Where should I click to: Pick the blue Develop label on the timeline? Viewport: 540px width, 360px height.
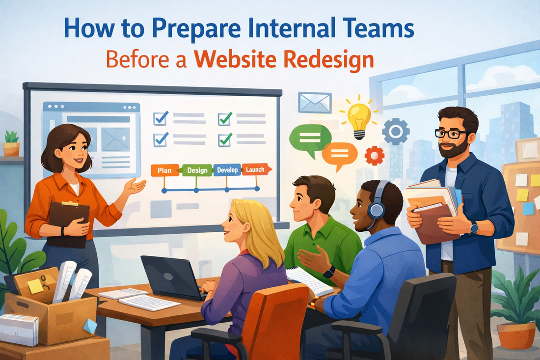pyautogui.click(x=226, y=170)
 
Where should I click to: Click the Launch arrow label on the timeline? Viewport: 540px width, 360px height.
pyautogui.click(x=256, y=169)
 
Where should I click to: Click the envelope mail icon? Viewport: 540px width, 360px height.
pyautogui.click(x=315, y=103)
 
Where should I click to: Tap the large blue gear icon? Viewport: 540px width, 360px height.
pyautogui.click(x=396, y=131)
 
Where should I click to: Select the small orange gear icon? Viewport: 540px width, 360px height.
pyautogui.click(x=375, y=155)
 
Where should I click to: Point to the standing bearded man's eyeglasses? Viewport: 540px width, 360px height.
pyautogui.click(x=451, y=133)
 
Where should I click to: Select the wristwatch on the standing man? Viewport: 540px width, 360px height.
pyautogui.click(x=474, y=227)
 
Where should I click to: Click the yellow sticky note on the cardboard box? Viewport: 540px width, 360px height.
pyautogui.click(x=35, y=286)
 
